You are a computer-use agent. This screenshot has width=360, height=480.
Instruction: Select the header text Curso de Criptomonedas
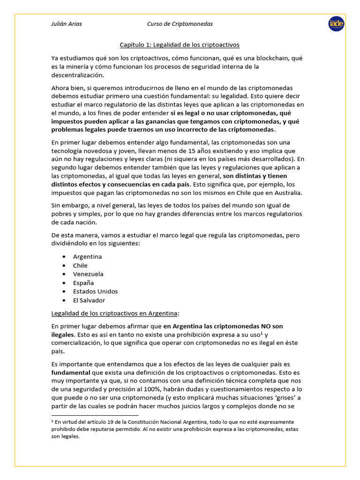180,24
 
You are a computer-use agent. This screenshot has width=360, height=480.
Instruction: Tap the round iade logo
336,24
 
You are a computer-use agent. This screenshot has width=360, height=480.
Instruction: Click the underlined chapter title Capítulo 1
180,45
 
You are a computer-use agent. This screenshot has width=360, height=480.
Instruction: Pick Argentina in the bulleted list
87,257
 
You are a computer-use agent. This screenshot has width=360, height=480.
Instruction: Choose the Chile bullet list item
80,265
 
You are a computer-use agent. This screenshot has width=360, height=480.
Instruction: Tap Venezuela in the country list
88,274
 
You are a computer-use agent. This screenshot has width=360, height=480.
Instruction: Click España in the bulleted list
83,283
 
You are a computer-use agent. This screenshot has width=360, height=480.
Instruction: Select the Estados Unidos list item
95,292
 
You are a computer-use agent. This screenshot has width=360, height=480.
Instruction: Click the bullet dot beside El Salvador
63,300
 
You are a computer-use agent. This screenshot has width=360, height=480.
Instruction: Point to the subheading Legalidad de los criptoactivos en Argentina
115,313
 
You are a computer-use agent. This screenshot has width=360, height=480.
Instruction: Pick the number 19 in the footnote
105,422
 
